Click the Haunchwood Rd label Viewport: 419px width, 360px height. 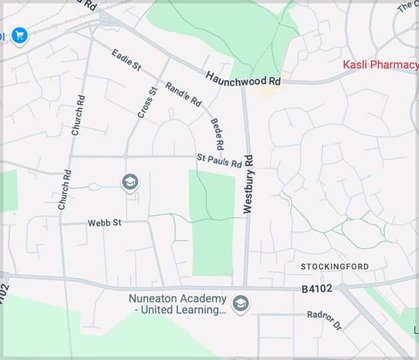point(243,79)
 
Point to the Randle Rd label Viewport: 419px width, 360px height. point(183,95)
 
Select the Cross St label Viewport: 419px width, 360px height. point(147,103)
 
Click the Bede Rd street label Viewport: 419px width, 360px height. point(216,132)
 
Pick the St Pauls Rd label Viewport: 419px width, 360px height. point(219,161)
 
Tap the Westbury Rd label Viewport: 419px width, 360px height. point(249,184)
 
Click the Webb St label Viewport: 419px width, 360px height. point(104,222)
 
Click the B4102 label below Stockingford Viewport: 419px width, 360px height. point(317,289)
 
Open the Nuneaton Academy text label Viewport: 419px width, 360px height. point(177,305)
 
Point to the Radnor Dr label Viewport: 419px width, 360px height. point(324,321)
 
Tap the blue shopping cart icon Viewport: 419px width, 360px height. point(19,35)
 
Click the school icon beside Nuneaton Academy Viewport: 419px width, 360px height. point(241,304)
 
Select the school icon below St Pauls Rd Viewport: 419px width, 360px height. point(130,182)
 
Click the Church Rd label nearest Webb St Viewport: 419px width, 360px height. point(64,190)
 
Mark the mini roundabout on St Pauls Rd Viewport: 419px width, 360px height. point(125,156)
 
